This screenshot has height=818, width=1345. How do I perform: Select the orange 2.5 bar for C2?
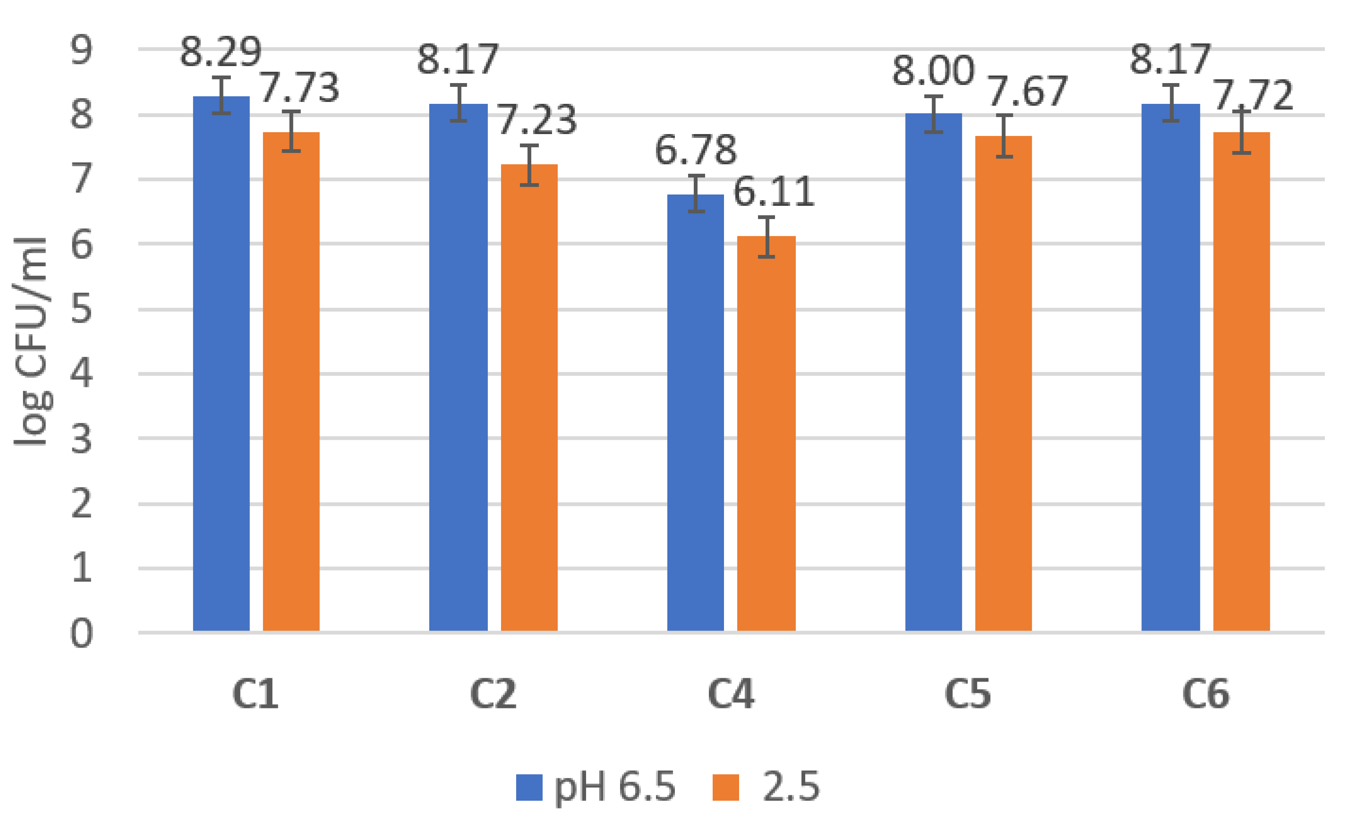529,398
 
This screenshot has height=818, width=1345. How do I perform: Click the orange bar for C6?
1241,382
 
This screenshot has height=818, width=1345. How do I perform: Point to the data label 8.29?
221,52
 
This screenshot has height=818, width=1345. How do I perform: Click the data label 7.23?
536,119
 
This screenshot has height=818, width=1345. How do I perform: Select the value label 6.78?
696,150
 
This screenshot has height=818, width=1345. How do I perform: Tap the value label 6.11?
774,192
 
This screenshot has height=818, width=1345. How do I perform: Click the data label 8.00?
933,71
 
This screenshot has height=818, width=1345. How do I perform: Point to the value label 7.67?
1027,91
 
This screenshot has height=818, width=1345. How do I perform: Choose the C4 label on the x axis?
731,694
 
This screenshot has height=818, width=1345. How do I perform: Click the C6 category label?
1205,694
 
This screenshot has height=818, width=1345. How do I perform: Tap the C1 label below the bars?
255,694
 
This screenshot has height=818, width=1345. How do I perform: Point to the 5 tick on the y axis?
81,310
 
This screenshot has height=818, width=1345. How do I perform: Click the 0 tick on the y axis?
81,633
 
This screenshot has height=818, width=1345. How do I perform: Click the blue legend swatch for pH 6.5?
529,787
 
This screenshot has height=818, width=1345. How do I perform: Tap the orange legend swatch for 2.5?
725,787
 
